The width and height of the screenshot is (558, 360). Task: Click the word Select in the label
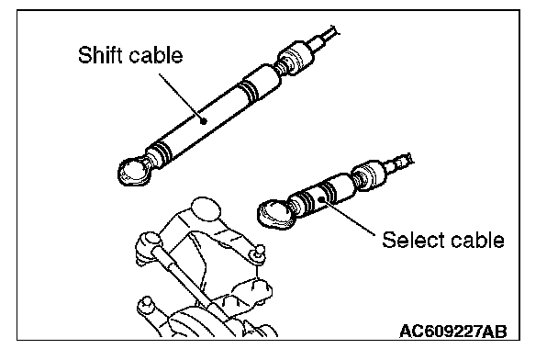(x=407, y=240)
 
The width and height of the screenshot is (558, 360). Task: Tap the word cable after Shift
(x=156, y=55)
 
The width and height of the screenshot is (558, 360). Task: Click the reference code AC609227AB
(x=453, y=332)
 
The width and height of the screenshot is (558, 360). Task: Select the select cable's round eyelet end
(x=276, y=213)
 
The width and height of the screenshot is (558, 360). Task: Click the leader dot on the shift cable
(x=204, y=121)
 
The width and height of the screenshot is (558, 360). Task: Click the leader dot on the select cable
(x=321, y=199)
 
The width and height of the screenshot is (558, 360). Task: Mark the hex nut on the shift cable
(x=296, y=58)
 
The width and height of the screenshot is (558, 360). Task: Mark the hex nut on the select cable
(x=369, y=174)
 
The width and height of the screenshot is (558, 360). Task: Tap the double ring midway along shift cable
(x=249, y=90)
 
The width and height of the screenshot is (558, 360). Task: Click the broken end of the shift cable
(x=334, y=30)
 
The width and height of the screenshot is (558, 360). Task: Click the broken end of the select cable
(x=408, y=159)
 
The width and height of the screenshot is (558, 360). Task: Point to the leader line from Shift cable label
(x=181, y=97)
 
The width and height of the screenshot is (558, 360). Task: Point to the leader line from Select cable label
(x=348, y=217)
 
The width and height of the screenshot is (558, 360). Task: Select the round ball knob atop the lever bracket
(x=206, y=208)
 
